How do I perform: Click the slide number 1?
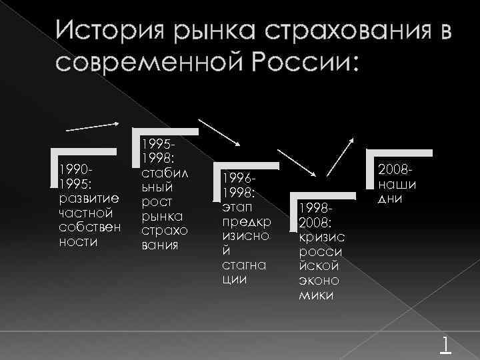tap(445, 343)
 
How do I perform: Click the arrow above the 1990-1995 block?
tap(93, 126)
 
